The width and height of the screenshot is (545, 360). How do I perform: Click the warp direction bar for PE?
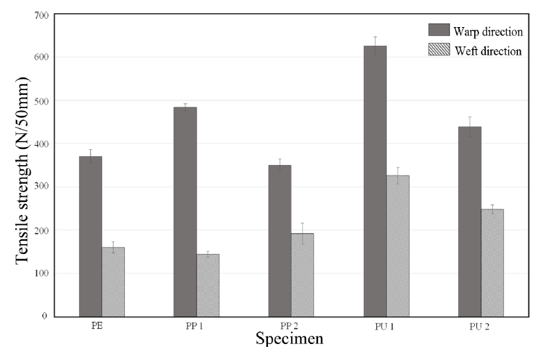(90, 236)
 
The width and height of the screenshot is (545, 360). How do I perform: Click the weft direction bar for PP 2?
(303, 274)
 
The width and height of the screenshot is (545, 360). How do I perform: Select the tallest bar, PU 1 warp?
(375, 180)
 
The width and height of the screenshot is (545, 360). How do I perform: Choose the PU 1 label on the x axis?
(386, 327)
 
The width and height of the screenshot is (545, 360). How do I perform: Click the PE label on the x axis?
(101, 327)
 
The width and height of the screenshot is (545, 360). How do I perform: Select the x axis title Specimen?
(289, 340)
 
